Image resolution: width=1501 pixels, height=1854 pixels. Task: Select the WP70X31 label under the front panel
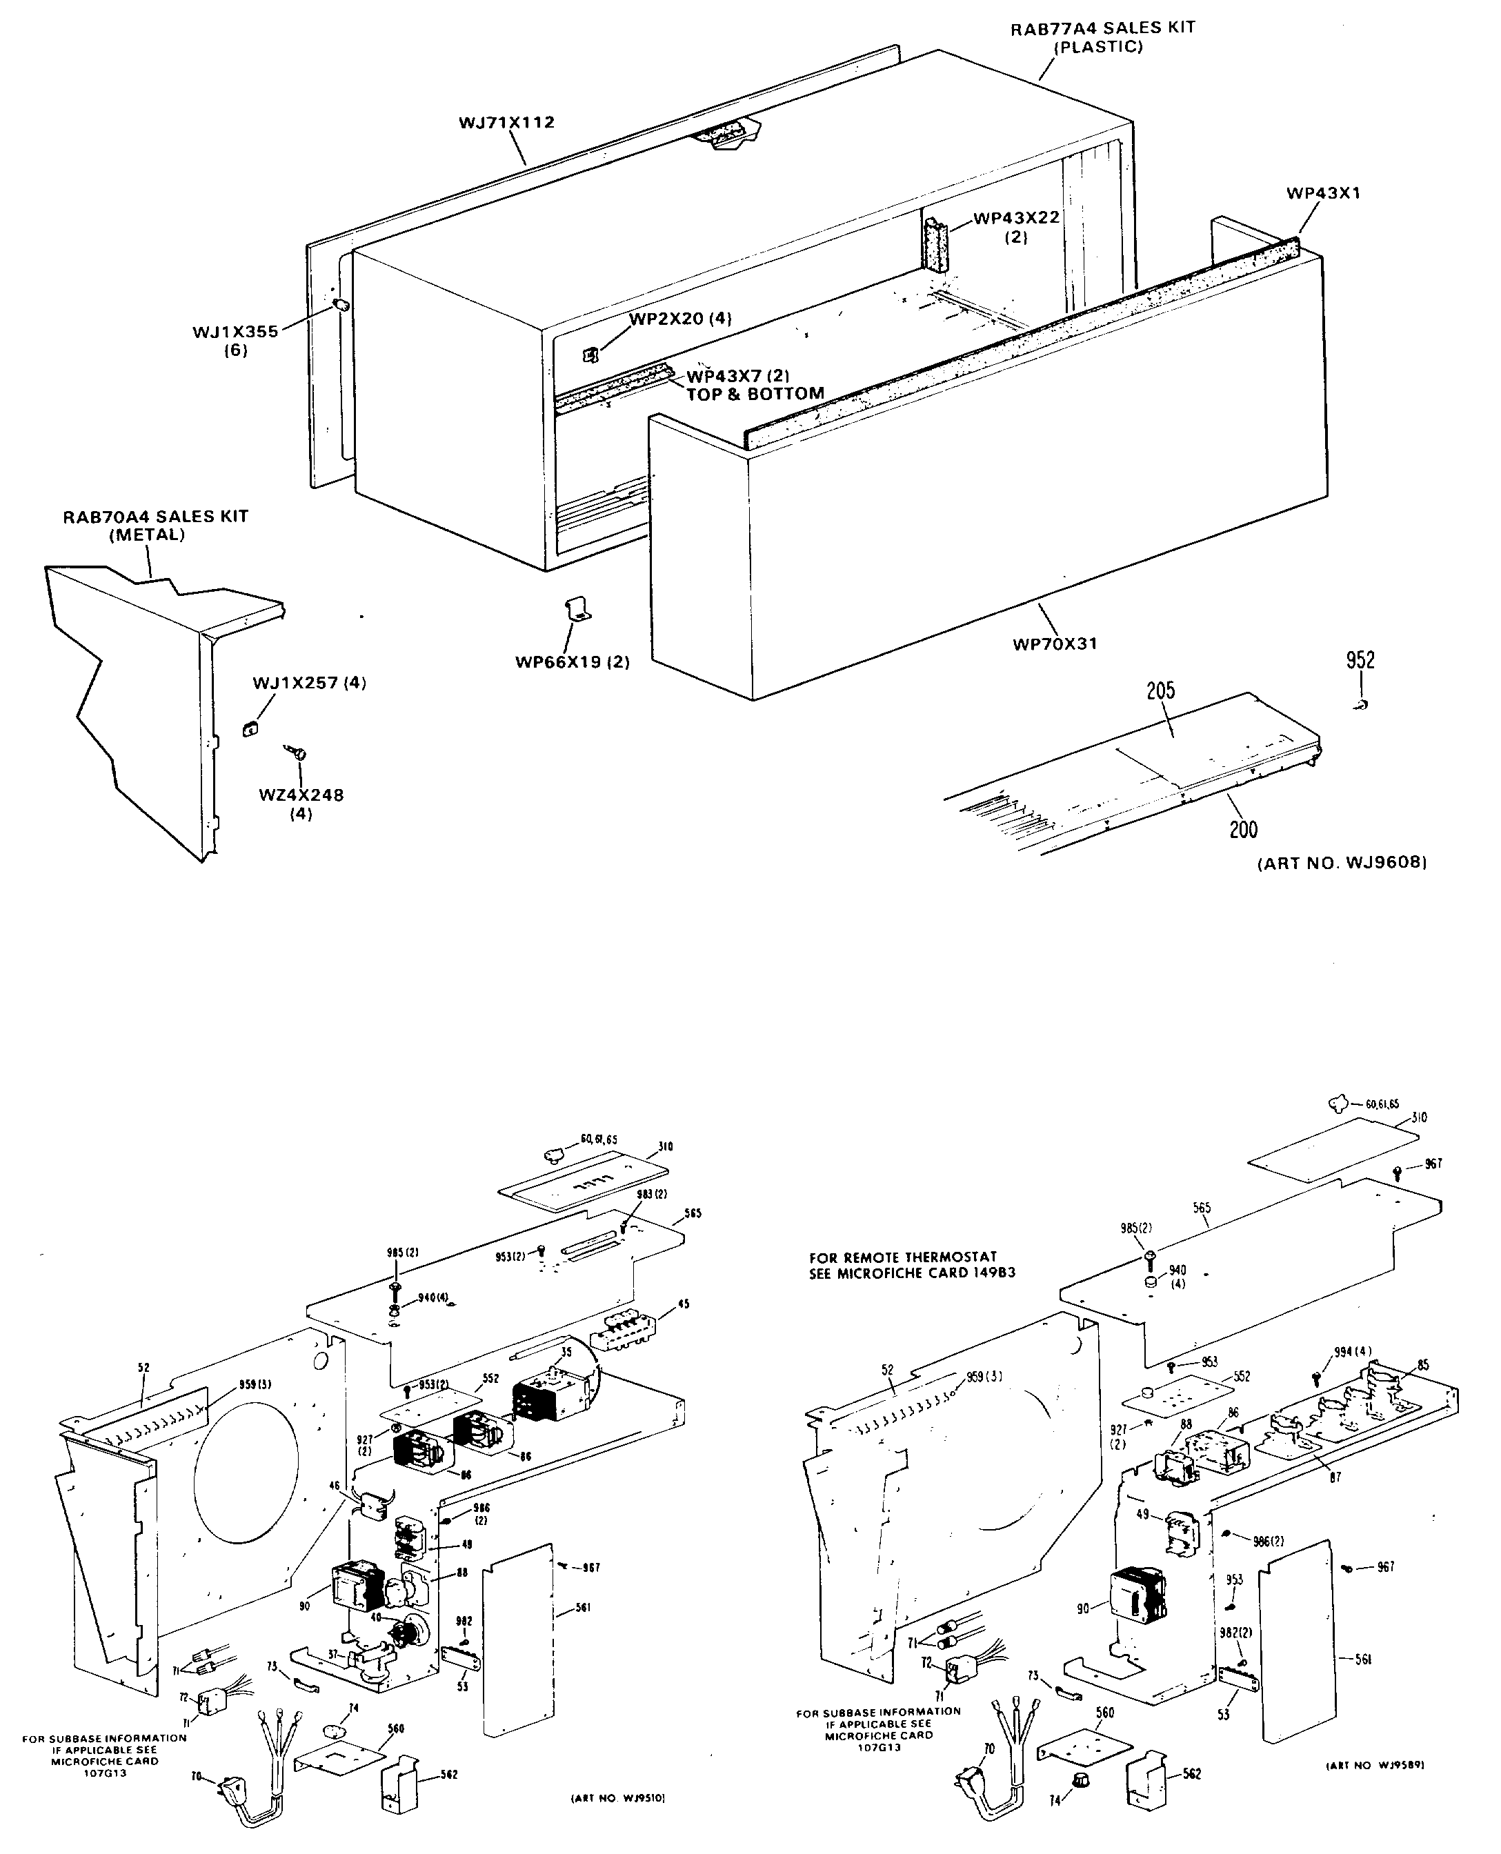(1054, 644)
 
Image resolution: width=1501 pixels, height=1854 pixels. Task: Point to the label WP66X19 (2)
(573, 663)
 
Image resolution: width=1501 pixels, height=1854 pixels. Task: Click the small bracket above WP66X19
(577, 609)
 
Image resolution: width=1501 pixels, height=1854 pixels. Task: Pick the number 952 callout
(1360, 660)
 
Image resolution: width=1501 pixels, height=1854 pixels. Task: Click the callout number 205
(1160, 690)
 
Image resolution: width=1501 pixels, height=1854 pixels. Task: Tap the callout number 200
(1243, 830)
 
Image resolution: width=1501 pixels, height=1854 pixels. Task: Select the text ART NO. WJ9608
(1341, 863)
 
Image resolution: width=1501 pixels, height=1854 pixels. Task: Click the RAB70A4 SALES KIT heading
(156, 517)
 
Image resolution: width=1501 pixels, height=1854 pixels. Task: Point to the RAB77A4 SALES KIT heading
(1102, 28)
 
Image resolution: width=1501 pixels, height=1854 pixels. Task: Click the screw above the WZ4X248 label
(299, 755)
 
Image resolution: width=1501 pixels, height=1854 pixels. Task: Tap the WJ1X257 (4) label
(308, 683)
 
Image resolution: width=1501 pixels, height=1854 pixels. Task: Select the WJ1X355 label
(235, 332)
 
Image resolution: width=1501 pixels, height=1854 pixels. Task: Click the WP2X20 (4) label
(679, 319)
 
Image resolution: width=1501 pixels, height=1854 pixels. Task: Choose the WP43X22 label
(1016, 218)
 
